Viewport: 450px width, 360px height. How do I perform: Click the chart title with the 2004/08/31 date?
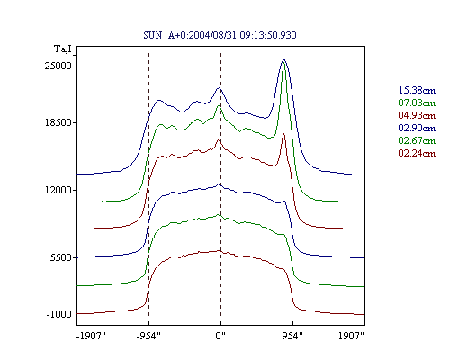click(x=220, y=35)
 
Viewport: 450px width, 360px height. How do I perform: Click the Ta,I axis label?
click(x=63, y=49)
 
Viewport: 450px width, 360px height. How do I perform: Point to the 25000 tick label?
click(x=58, y=66)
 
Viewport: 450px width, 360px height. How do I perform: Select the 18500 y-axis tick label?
click(x=58, y=122)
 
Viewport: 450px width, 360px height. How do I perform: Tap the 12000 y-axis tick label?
click(x=58, y=190)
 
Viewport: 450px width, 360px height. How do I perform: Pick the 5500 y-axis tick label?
click(x=61, y=257)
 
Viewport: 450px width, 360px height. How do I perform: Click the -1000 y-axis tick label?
click(x=59, y=314)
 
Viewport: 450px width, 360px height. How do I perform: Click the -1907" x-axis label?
click(x=91, y=336)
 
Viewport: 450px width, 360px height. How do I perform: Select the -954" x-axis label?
click(x=148, y=336)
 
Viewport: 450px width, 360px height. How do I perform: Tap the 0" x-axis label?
click(x=220, y=336)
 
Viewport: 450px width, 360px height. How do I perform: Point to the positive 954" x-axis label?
click(x=292, y=336)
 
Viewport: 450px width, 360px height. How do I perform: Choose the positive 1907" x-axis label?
click(x=351, y=336)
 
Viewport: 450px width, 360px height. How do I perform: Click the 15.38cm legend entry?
click(x=417, y=90)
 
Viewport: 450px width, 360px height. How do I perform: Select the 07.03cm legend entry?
click(x=417, y=103)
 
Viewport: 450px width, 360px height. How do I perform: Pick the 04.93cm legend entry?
click(x=417, y=115)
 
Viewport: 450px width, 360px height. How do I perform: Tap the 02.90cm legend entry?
click(x=417, y=128)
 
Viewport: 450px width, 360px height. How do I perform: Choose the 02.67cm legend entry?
click(x=417, y=140)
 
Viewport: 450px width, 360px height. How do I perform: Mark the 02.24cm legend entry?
click(x=417, y=153)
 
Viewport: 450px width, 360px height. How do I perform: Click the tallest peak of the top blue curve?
click(x=283, y=60)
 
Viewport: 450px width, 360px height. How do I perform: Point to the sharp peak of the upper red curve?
click(x=283, y=134)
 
